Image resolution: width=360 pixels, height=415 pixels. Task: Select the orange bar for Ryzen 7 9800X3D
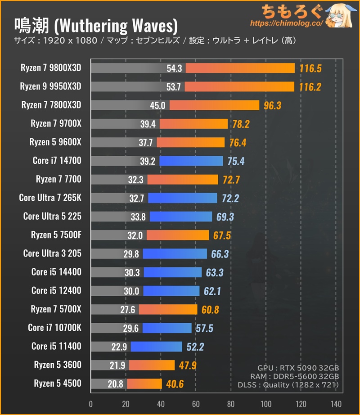240,68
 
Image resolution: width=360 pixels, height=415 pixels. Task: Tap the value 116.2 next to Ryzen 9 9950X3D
310,87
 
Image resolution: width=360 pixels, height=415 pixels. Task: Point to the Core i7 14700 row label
57,161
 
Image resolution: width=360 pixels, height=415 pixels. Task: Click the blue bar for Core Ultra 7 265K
182,198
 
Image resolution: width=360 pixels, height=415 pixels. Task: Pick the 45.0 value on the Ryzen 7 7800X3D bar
160,105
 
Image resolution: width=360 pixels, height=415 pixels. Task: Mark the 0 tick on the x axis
91,403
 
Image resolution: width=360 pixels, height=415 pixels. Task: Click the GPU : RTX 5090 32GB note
299,367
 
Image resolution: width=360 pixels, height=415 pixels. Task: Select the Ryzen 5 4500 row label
58,383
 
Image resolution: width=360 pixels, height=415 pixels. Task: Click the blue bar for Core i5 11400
156,347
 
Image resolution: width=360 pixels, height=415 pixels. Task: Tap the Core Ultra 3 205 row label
52,253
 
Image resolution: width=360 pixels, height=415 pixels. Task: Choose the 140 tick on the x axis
335,403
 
